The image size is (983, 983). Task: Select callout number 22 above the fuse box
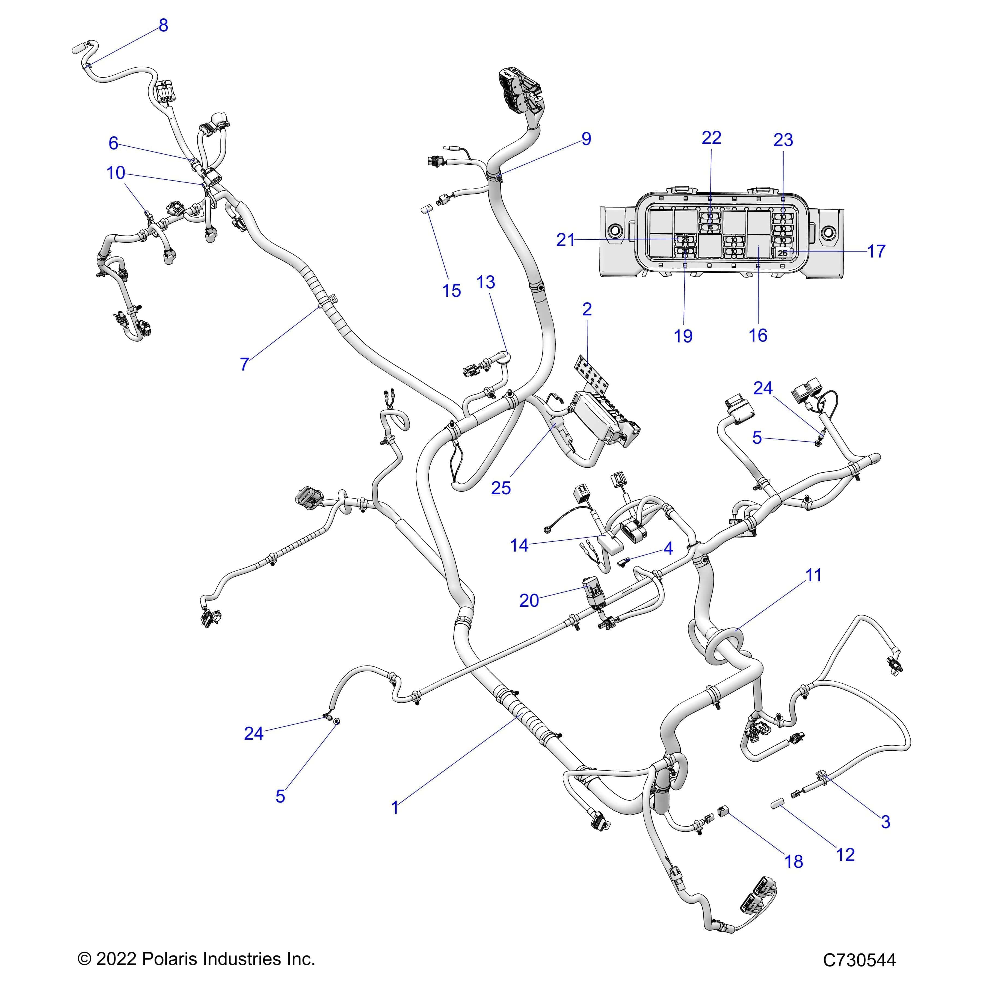pos(711,138)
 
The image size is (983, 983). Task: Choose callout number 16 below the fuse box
pos(758,335)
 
